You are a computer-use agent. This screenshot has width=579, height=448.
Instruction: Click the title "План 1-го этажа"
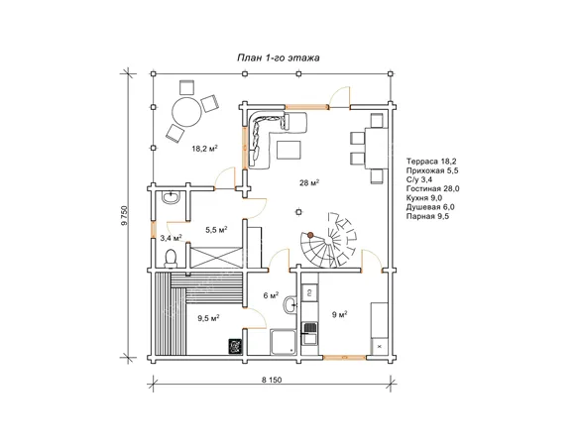(278, 57)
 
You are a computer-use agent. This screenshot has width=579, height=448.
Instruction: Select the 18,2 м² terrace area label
(204, 149)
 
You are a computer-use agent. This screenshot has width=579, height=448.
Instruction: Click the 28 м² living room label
(309, 182)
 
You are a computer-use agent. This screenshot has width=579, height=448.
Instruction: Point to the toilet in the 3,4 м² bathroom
(171, 259)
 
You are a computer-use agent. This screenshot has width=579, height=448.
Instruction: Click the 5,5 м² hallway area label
(216, 230)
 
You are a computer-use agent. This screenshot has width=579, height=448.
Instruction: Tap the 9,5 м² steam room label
(208, 318)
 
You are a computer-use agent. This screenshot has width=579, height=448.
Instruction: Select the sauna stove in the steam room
(235, 347)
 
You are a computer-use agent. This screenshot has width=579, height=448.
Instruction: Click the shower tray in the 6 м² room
(284, 342)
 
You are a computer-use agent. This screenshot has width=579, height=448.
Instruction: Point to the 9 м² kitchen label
(339, 315)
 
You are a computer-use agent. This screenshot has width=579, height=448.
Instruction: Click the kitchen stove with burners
(309, 328)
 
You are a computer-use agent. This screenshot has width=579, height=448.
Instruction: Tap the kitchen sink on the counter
(309, 293)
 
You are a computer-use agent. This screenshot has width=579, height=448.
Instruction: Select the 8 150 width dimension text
(272, 380)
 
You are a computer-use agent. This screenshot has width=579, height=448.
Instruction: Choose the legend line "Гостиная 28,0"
(433, 189)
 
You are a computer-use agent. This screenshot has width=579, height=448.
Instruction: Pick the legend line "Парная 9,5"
(427, 217)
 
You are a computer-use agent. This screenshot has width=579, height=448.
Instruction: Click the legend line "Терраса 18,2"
(431, 162)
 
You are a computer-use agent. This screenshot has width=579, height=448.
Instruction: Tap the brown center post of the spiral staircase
(310, 234)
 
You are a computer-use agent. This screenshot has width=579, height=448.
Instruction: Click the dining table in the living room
(377, 149)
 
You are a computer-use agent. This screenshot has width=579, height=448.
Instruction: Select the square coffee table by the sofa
(289, 151)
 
